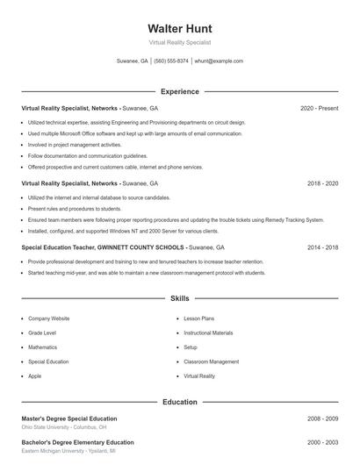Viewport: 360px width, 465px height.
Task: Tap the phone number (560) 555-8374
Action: tap(170, 61)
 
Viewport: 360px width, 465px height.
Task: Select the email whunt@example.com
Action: tap(219, 61)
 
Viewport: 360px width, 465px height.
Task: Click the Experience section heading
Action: tap(179, 91)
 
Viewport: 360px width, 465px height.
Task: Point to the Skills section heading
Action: tap(179, 298)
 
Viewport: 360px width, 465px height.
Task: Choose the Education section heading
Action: tap(179, 402)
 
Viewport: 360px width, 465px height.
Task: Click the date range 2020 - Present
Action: tap(319, 109)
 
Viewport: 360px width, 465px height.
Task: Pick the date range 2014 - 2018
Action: tap(322, 248)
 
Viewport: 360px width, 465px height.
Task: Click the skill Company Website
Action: tap(48, 318)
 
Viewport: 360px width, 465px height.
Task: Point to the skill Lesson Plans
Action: tap(198, 318)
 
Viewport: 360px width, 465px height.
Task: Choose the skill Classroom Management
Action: tap(211, 361)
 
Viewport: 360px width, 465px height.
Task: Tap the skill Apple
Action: tap(34, 376)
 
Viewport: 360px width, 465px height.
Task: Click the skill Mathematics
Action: tap(42, 347)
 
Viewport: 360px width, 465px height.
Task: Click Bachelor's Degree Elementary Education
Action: tap(77, 442)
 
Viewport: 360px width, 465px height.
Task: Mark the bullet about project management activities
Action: tap(75, 145)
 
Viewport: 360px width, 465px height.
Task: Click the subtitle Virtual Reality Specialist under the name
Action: tap(179, 41)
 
